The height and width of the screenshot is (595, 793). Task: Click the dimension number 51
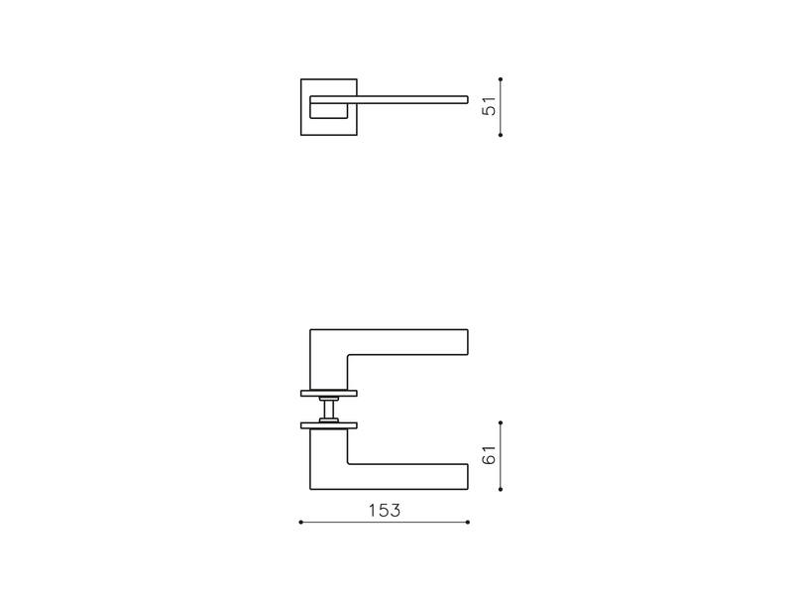pyautogui.click(x=489, y=106)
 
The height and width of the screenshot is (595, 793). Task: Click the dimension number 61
pyautogui.click(x=489, y=455)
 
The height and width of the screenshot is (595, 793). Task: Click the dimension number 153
pyautogui.click(x=385, y=511)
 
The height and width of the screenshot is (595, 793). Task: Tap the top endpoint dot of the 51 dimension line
pyautogui.click(x=501, y=79)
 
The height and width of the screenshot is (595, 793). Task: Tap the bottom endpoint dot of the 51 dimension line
pyautogui.click(x=501, y=135)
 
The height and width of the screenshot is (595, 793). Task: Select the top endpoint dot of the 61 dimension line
pyautogui.click(x=501, y=422)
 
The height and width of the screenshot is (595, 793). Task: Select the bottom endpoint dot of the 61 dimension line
pyautogui.click(x=501, y=489)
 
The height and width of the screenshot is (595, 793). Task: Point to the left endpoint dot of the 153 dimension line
pyautogui.click(x=301, y=523)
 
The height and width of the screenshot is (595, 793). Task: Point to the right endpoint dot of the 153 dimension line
pyautogui.click(x=468, y=523)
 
